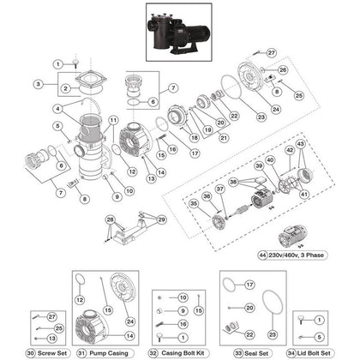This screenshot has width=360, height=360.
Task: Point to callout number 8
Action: pyautogui.click(x=84, y=200)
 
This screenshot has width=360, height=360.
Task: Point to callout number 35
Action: pyautogui.click(x=192, y=204)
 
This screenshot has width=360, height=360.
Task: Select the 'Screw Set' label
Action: pyautogui.click(x=46, y=352)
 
